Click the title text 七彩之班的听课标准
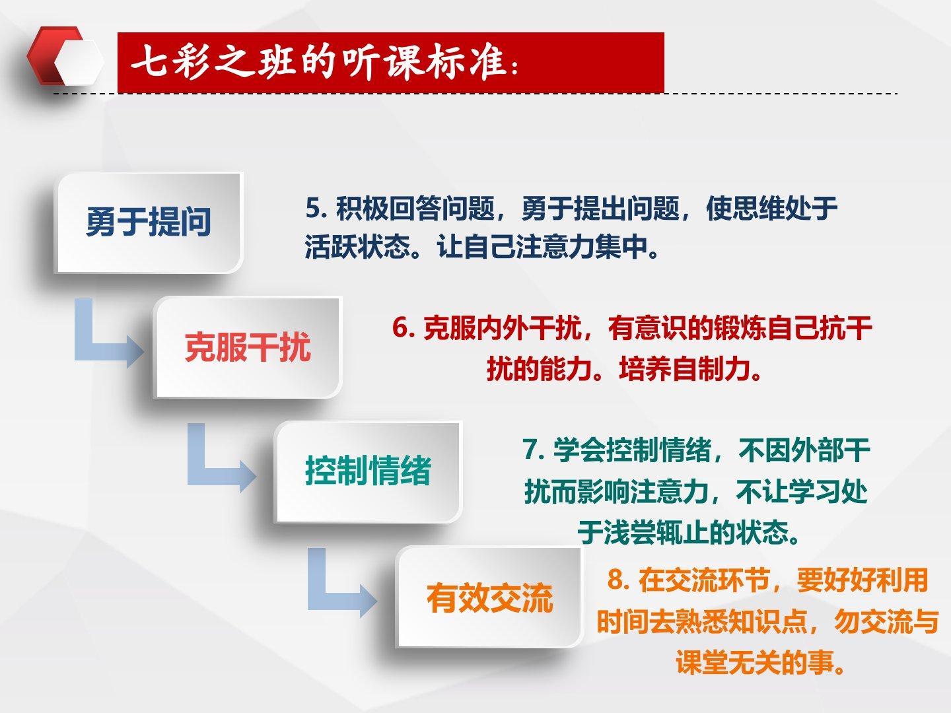click(318, 63)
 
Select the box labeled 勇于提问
click(149, 222)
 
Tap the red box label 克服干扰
click(248, 347)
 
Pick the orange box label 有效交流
click(490, 598)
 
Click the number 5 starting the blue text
click(313, 208)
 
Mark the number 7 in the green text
click(530, 450)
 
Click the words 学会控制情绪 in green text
click(633, 450)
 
